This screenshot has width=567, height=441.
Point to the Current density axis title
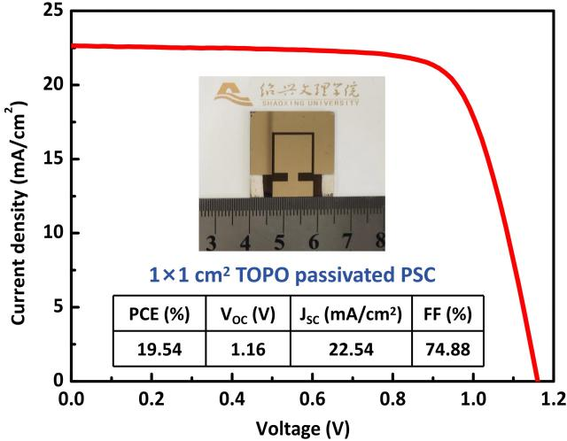coord(17,197)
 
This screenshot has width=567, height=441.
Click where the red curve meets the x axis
coord(537,381)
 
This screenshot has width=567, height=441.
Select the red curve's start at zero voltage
coord(73,46)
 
